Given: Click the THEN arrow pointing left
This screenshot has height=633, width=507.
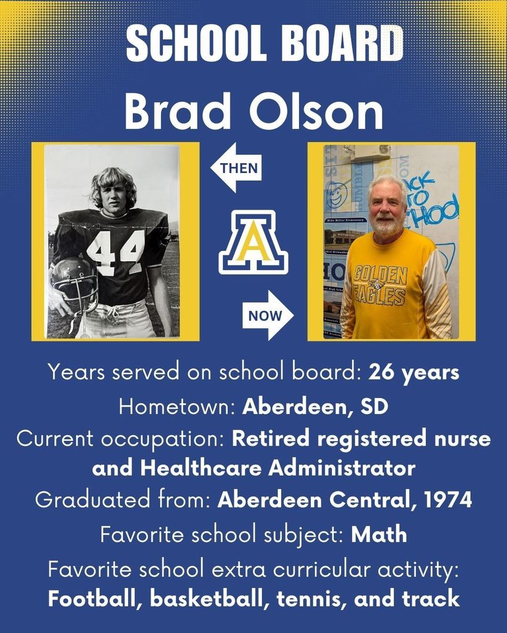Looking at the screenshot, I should click(237, 167).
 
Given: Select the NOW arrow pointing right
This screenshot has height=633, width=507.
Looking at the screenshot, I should click(268, 316).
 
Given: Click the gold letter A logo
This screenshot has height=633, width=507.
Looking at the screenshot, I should click(253, 242).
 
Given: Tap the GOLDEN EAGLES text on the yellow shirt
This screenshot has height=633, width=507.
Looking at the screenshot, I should click(380, 284).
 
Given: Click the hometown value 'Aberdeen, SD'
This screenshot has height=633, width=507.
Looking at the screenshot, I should click(315, 406).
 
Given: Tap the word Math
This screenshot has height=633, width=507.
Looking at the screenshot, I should click(379, 534).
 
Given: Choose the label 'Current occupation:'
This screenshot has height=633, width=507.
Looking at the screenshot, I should click(121, 439).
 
